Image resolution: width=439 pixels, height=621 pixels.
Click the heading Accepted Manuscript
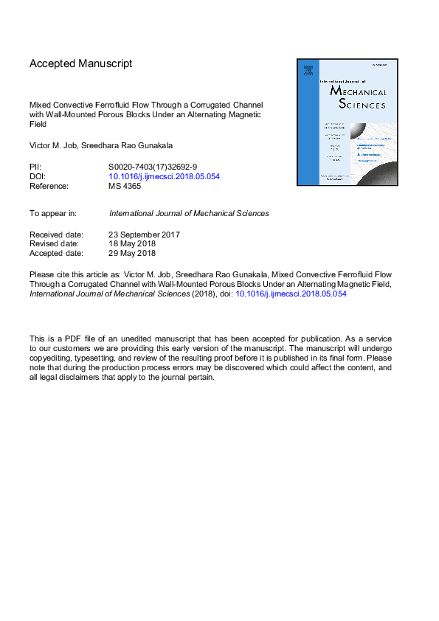click(81, 64)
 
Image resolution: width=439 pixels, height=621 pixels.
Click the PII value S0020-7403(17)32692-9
click(153, 167)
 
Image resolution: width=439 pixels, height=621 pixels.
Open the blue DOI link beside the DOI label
click(164, 177)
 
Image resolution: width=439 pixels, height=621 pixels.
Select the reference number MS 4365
click(125, 187)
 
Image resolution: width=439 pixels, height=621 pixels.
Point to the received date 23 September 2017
click(145, 235)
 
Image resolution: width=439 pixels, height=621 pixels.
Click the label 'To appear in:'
click(53, 213)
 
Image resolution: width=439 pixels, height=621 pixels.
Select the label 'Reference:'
click(50, 187)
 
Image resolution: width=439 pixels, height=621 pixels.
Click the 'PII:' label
click(36, 167)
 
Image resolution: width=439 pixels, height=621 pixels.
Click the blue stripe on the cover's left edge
click(305, 122)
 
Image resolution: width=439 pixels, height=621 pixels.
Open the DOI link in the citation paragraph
click(290, 294)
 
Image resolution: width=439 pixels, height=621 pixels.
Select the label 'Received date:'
click(56, 235)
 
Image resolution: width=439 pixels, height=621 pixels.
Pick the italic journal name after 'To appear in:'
click(189, 213)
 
